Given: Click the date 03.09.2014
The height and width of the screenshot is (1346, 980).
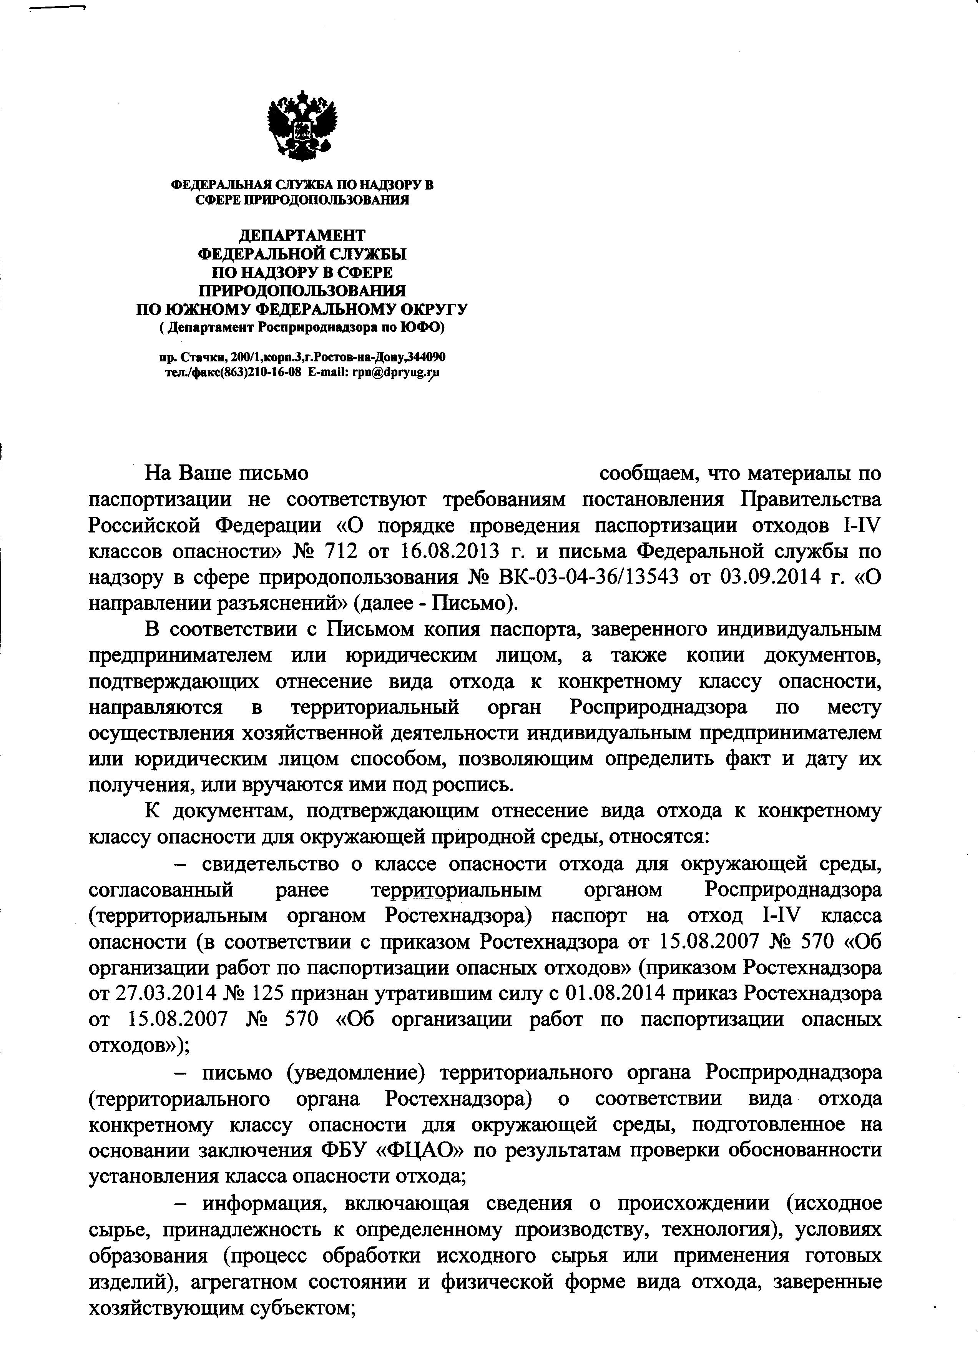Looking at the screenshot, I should click(x=772, y=577).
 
